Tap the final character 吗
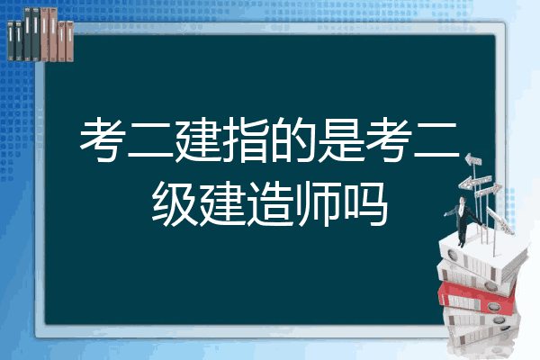(x=366, y=204)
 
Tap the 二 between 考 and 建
(x=149, y=141)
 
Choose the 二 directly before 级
(x=436, y=141)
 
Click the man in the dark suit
(x=463, y=220)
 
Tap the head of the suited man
(x=463, y=200)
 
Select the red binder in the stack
(x=477, y=298)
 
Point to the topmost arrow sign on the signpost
(x=473, y=160)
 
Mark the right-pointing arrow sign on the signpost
(x=489, y=190)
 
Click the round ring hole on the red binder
(x=494, y=306)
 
